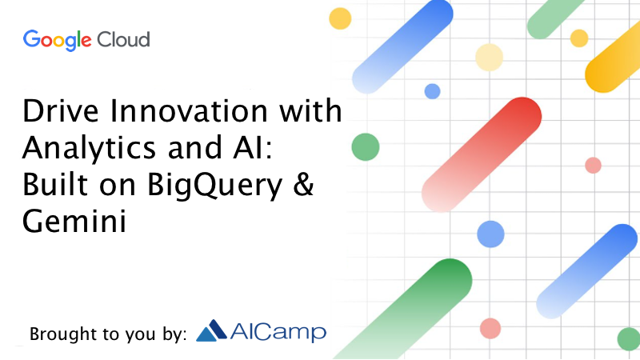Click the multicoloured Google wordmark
click(x=57, y=41)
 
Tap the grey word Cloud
click(x=123, y=39)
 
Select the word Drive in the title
click(x=61, y=110)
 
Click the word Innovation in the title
click(x=189, y=110)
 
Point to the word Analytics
click(x=90, y=149)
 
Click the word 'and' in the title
click(x=195, y=147)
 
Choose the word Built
click(x=55, y=184)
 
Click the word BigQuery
click(x=214, y=186)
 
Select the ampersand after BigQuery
click(x=304, y=184)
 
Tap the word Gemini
click(x=74, y=221)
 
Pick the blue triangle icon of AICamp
click(x=211, y=330)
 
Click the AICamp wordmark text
click(x=278, y=331)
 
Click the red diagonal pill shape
click(x=482, y=154)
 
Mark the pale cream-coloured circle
click(x=489, y=58)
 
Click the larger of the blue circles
click(x=490, y=234)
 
